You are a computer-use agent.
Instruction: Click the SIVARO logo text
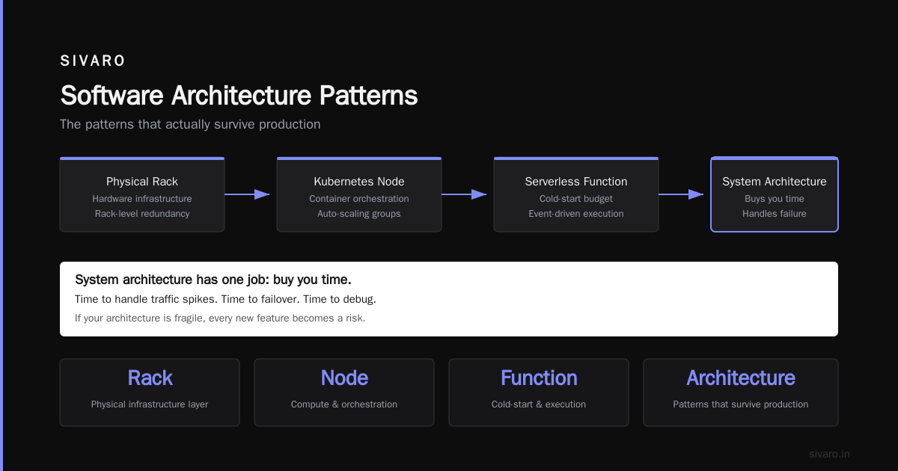coord(93,61)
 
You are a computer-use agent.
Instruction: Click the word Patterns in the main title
coord(368,96)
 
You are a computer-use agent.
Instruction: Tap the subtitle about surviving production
coord(190,124)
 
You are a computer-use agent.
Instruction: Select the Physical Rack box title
coord(142,182)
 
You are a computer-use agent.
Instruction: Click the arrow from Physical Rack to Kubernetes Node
coord(247,194)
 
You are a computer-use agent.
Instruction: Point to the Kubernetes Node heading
coord(358,182)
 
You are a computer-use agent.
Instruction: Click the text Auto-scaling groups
coord(358,214)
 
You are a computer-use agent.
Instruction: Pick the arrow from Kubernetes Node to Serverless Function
coord(464,194)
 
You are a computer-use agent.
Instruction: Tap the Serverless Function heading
coord(576,182)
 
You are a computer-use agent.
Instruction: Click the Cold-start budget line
coord(576,199)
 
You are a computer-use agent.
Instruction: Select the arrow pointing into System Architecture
coord(681,194)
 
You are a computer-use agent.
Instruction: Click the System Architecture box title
coord(774,182)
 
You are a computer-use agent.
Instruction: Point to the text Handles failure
coord(774,214)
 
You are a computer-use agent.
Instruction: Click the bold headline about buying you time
coord(213,280)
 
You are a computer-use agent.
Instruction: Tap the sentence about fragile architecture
coord(220,318)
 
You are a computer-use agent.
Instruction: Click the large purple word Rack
coord(150,378)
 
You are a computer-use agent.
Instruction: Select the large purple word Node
coord(344,378)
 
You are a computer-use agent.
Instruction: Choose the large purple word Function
coord(539,378)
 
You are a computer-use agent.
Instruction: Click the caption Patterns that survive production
coord(740,404)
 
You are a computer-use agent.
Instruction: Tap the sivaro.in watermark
coord(829,454)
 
